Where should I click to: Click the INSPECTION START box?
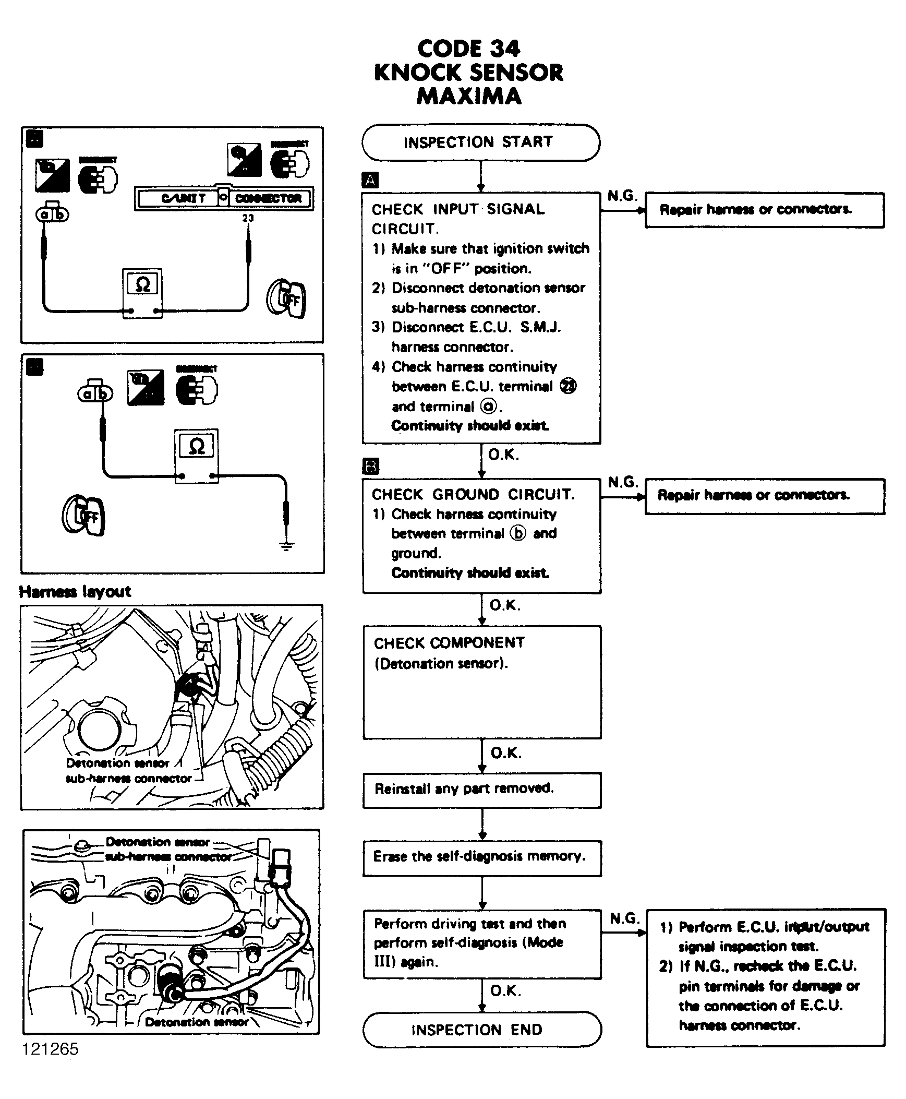click(480, 142)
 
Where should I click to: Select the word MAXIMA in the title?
click(469, 96)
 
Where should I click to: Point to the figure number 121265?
click(50, 1048)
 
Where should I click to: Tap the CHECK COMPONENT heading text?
click(449, 643)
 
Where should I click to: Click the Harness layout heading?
click(75, 592)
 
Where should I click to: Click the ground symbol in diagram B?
click(286, 545)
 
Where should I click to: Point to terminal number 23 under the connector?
click(248, 218)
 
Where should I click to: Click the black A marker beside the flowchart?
click(370, 180)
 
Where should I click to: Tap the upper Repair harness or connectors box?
click(765, 210)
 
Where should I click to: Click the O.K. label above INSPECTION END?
click(505, 990)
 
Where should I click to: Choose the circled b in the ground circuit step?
click(518, 533)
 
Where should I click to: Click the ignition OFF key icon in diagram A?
click(286, 298)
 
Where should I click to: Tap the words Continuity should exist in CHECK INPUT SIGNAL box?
click(470, 425)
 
